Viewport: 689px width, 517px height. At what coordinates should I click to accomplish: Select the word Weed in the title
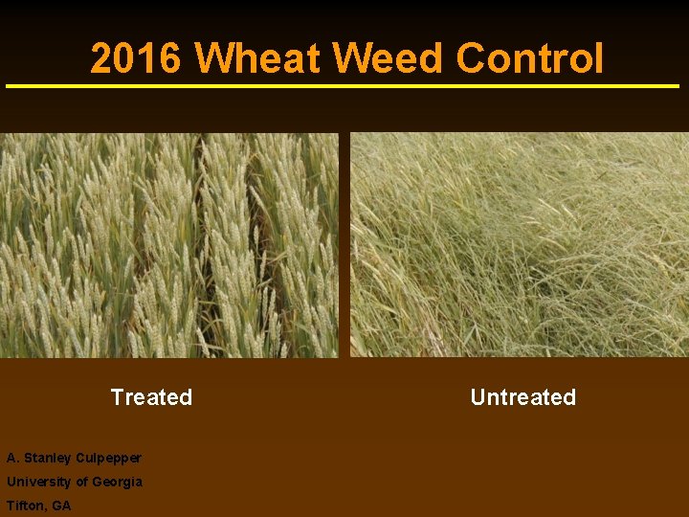(x=389, y=58)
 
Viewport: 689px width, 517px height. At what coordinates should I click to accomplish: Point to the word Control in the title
(x=530, y=58)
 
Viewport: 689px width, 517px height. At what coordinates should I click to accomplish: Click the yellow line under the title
(x=344, y=86)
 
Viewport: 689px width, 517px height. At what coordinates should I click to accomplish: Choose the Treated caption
(x=151, y=397)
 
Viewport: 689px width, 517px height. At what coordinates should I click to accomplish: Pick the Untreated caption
(x=522, y=397)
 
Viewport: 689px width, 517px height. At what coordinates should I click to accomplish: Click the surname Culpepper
(x=105, y=459)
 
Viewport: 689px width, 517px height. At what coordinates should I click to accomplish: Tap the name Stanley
(x=45, y=459)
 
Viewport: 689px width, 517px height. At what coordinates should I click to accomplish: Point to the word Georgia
(x=118, y=482)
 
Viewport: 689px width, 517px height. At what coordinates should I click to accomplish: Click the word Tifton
(x=25, y=506)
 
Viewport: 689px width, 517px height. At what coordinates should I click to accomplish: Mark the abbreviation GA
(x=61, y=506)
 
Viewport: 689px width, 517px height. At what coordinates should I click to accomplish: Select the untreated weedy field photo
(x=520, y=245)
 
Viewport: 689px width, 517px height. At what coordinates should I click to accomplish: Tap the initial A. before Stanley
(x=11, y=459)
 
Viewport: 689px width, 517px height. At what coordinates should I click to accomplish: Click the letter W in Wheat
(x=213, y=58)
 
